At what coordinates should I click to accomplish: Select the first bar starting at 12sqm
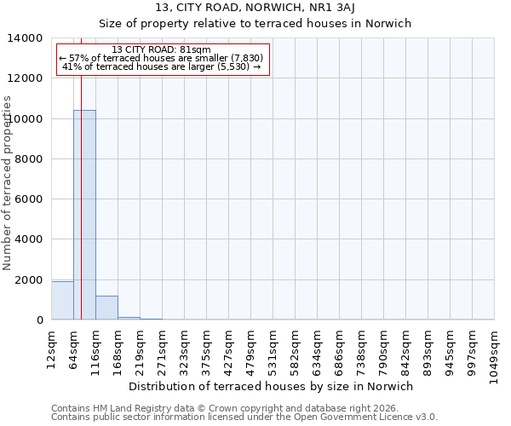(62, 300)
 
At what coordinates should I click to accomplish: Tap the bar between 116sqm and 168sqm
(106, 308)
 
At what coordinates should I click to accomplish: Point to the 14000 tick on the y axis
(31, 38)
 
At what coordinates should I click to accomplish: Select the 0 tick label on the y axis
(39, 320)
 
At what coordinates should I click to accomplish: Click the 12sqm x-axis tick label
(51, 348)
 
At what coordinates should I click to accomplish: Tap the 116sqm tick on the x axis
(95, 348)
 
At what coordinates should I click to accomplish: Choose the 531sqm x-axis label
(273, 348)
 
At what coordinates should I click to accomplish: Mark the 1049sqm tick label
(494, 351)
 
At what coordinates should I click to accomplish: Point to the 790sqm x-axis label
(383, 348)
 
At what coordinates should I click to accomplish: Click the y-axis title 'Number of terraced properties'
(8, 182)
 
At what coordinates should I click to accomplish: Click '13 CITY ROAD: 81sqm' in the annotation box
(162, 50)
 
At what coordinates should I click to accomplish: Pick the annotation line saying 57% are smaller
(162, 58)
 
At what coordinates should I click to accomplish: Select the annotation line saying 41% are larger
(162, 66)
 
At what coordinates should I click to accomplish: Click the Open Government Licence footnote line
(244, 417)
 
